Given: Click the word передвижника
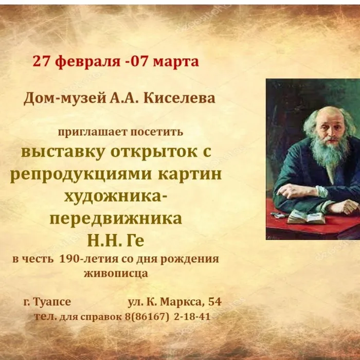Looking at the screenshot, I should tap(116, 219).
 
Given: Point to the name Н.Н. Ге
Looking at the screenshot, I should tap(116, 240).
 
